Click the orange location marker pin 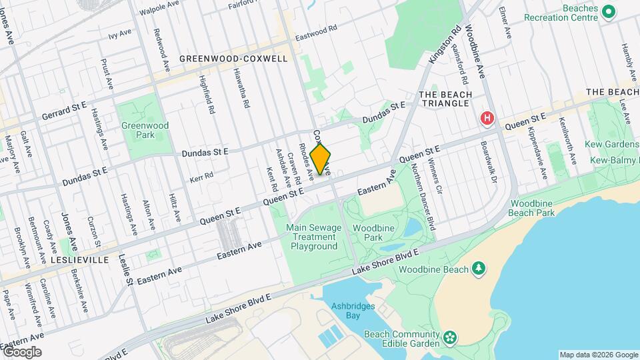point(321,159)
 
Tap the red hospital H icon point(487,118)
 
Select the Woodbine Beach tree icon point(478,269)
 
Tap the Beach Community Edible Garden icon point(451,338)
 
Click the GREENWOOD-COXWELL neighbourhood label point(233,59)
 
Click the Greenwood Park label point(145,130)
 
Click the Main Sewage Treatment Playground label point(313,237)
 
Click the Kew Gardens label point(611,144)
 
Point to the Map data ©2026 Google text point(597,355)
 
